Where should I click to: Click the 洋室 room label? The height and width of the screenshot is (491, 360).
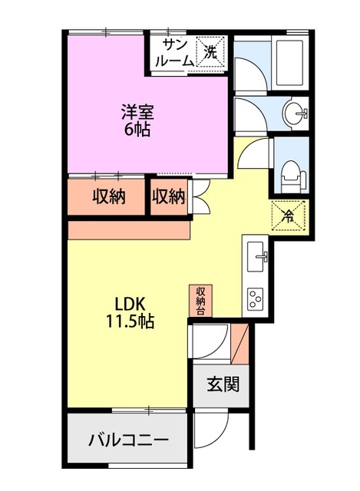(x=138, y=112)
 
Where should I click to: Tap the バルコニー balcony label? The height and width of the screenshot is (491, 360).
(x=128, y=440)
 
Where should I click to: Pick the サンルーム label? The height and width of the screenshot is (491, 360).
(x=176, y=53)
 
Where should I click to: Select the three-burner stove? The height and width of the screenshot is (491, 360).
(x=255, y=298)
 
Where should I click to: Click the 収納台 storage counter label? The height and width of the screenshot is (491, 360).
(x=200, y=300)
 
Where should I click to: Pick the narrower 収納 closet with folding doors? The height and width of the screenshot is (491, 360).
(x=168, y=196)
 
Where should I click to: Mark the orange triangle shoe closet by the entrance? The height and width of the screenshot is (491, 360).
(x=243, y=344)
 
